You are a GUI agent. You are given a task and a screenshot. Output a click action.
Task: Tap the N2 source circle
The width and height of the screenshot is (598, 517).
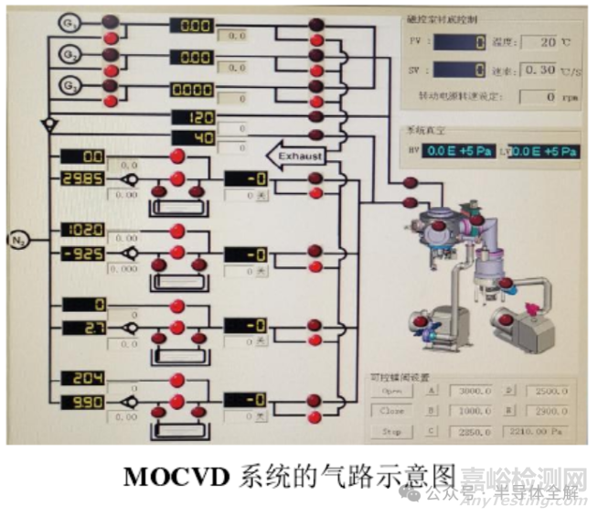tap(19, 240)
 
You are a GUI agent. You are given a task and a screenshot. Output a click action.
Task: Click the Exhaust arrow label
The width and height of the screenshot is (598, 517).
tap(294, 156)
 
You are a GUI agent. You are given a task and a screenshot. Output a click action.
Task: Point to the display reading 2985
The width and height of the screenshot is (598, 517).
tap(83, 179)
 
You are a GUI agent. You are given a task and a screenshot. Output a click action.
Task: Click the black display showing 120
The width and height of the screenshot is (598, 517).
tap(193, 118)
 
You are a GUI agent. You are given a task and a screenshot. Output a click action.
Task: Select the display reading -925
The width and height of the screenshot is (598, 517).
tap(83, 253)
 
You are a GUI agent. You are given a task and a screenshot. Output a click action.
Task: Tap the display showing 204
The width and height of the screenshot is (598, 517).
tap(83, 379)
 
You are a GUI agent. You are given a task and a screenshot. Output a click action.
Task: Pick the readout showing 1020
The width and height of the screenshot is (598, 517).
tap(83, 231)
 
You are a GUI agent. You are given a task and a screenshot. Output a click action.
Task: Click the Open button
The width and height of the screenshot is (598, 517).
tap(391, 392)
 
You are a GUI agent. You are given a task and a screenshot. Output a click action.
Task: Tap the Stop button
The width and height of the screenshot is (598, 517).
tap(391, 431)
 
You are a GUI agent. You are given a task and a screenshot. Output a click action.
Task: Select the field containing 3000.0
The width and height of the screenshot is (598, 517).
tap(474, 392)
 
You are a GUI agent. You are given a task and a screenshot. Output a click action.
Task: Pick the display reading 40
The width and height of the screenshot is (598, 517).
tap(193, 137)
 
